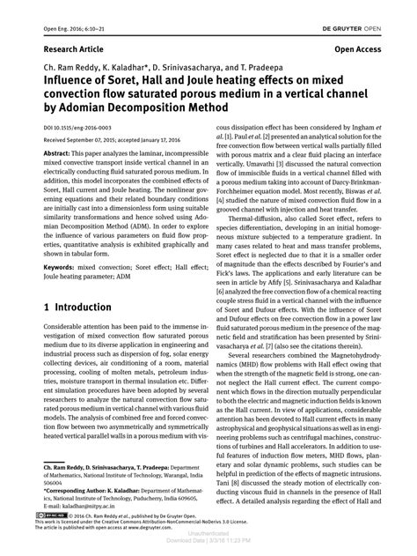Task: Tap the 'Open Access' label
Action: coord(359,51)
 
